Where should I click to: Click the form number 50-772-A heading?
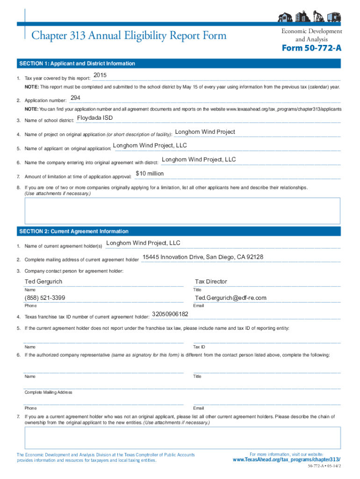pos(311,49)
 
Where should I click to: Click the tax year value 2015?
pos(100,75)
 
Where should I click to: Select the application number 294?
pos(75,98)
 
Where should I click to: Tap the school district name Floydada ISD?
pos(94,118)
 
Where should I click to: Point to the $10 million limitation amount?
pos(150,174)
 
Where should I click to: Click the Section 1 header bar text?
pos(77,64)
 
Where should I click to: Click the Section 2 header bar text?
pos(73,232)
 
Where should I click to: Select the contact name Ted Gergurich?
pos(43,282)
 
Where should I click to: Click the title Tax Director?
pos(211,282)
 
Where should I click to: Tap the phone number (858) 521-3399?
pos(45,298)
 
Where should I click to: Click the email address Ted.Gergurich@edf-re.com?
pos(230,298)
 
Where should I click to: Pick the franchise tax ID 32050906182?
pos(170,314)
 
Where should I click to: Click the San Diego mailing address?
pos(202,257)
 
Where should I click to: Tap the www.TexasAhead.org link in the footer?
pos(286,460)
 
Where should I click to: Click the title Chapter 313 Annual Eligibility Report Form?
pos(129,36)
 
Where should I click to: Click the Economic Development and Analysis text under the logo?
pos(311,35)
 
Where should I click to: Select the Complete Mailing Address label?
pos(48,392)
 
